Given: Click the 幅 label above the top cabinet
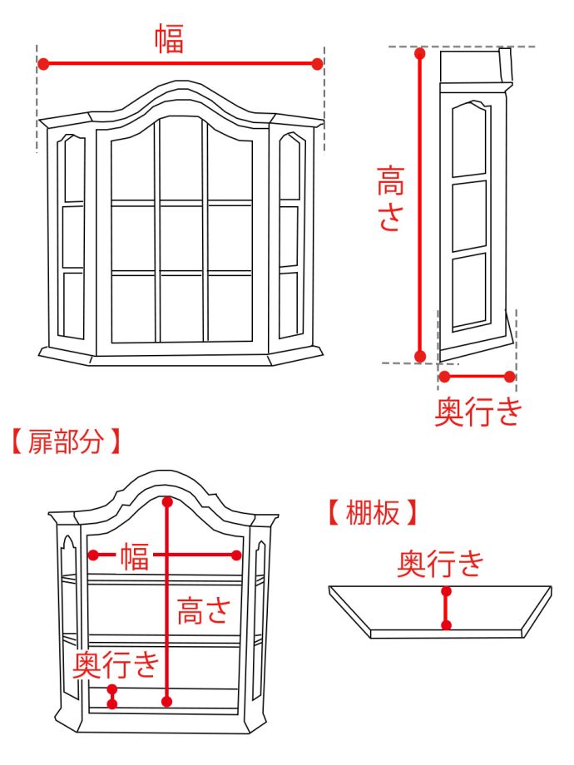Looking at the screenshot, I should coord(169,39).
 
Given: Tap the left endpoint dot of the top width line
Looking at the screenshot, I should coord(43,63).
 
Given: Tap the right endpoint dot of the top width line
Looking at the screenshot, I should coord(317,63).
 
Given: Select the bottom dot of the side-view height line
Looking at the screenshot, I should coord(420,356).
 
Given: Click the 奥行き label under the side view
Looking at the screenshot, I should coord(478,411).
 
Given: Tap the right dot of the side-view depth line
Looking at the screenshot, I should coord(510,376).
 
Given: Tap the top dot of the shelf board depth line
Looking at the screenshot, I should coord(447,592).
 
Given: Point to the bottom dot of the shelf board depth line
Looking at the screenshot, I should coord(447,624).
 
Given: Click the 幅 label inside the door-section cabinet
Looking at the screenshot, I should coord(135,555).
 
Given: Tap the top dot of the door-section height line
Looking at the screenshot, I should coord(169,501).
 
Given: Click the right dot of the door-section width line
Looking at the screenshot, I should coord(237,555).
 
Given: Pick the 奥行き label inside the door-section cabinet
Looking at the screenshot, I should coord(115,664).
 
